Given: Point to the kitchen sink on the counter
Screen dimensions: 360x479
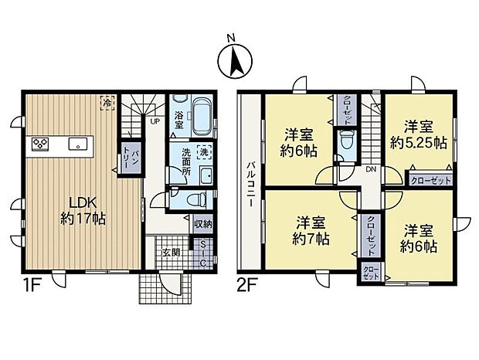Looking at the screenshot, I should (x=76, y=144).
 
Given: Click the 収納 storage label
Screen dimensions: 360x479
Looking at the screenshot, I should (x=202, y=224).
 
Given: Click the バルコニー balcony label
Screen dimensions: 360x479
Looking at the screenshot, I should (x=252, y=185).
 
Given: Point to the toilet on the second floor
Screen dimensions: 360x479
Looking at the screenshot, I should (x=346, y=142).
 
